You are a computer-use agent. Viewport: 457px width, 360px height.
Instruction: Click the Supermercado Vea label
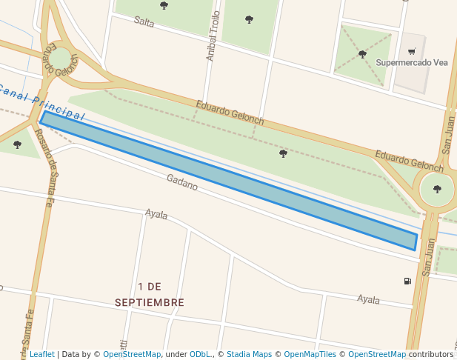pyautogui.click(x=413, y=63)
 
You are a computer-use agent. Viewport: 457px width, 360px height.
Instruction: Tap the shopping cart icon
pyautogui.click(x=412, y=52)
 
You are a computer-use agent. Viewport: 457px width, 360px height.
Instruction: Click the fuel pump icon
pyautogui.click(x=407, y=281)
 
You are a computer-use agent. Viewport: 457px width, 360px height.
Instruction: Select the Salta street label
pyautogui.click(x=144, y=21)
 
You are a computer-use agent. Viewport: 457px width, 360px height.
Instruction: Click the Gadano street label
pyautogui.click(x=181, y=182)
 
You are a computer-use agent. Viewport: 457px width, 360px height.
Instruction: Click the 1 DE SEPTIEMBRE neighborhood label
pyautogui.click(x=150, y=294)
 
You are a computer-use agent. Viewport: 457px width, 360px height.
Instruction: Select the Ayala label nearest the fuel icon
pyautogui.click(x=368, y=299)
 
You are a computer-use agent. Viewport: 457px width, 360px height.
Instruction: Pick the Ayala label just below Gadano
pyautogui.click(x=156, y=214)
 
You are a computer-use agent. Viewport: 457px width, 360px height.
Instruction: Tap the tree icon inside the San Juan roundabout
pyautogui.click(x=437, y=189)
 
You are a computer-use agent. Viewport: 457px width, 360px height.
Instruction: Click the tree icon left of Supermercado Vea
pyautogui.click(x=362, y=54)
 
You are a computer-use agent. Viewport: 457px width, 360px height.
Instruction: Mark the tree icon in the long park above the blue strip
pyautogui.click(x=283, y=153)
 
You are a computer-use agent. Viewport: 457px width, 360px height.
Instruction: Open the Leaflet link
pyautogui.click(x=41, y=354)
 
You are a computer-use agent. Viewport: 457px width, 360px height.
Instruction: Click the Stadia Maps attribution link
pyautogui.click(x=249, y=354)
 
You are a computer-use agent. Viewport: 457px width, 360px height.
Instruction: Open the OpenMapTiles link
pyautogui.click(x=309, y=354)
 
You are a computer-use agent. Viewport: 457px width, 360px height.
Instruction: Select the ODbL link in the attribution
pyautogui.click(x=200, y=354)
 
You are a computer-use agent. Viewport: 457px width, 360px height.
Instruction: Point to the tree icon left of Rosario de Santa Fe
pyautogui.click(x=18, y=144)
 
